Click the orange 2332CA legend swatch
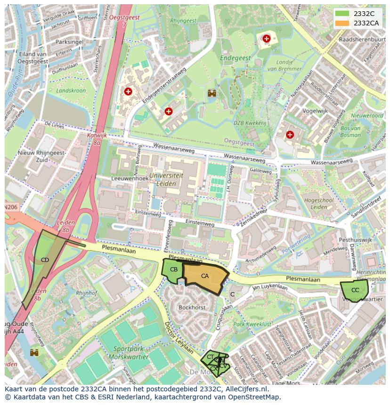pyautogui.click(x=342, y=23)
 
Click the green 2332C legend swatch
pyautogui.click(x=342, y=14)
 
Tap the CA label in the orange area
pyautogui.click(x=204, y=276)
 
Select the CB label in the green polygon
pyautogui.click(x=173, y=270)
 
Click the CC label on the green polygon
pyautogui.click(x=355, y=290)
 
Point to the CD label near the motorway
pyautogui.click(x=45, y=260)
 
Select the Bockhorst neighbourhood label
pyautogui.click(x=192, y=307)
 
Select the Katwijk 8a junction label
pyautogui.click(x=97, y=138)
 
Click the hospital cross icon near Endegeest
pyautogui.click(x=267, y=39)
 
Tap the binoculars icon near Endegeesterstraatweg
pyautogui.click(x=212, y=93)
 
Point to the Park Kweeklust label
pyautogui.click(x=252, y=324)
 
